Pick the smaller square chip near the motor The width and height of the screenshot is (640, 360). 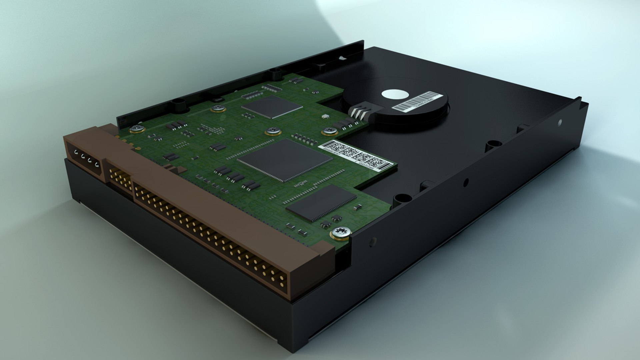(x=272, y=107)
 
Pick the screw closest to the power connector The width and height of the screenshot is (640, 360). (x=137, y=128)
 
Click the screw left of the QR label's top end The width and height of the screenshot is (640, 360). (x=329, y=131)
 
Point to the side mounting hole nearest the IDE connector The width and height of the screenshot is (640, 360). (x=373, y=242)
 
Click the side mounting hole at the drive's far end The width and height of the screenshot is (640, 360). (x=560, y=122)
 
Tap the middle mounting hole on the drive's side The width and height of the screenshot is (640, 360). (x=466, y=182)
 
